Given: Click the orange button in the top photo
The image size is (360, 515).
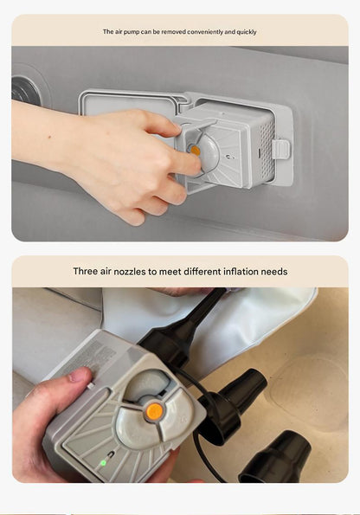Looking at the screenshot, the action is [x=195, y=151].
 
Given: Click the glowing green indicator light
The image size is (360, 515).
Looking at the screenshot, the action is [x=103, y=463].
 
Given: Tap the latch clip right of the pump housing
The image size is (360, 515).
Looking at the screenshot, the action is [x=281, y=149].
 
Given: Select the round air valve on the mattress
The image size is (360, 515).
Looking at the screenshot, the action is [x=26, y=89].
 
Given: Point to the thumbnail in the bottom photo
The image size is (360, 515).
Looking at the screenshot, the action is [x=76, y=376].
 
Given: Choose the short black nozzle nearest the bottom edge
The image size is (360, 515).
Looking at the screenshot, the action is [x=275, y=457].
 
